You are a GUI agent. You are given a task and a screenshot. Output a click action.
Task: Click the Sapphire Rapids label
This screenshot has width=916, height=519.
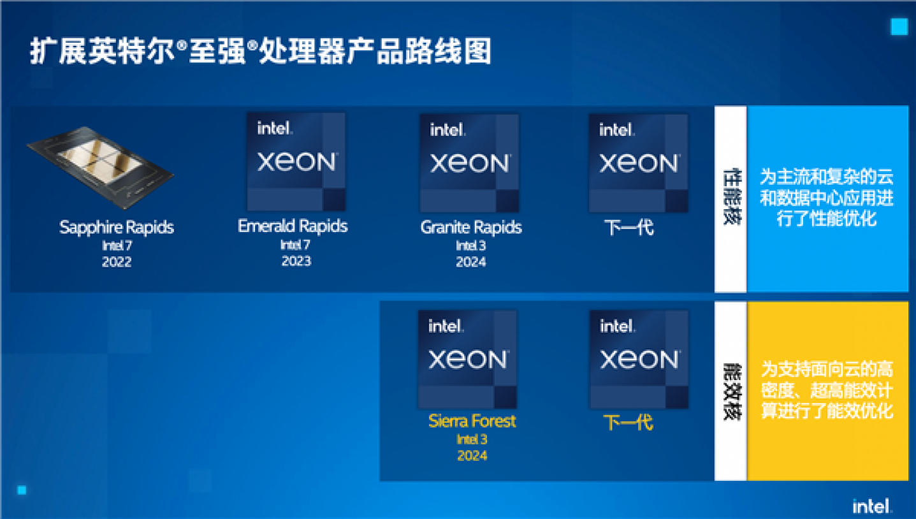[x=117, y=227]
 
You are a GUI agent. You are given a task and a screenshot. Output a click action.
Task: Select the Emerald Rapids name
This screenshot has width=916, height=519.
[x=293, y=226]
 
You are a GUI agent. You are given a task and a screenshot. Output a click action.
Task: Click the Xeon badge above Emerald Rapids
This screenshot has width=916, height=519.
[x=296, y=162]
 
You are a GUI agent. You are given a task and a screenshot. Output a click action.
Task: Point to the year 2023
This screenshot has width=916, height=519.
[x=296, y=261]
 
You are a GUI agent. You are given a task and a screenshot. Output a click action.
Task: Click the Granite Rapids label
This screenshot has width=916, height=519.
[x=471, y=227]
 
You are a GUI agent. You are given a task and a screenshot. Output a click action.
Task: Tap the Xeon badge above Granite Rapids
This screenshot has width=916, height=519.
[x=469, y=163]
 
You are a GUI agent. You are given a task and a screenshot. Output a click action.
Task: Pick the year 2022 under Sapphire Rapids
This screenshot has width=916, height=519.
[x=117, y=261]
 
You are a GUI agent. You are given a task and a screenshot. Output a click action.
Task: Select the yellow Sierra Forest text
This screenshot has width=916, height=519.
[x=472, y=421]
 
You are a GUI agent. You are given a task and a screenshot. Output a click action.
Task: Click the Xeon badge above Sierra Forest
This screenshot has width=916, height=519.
[x=467, y=359]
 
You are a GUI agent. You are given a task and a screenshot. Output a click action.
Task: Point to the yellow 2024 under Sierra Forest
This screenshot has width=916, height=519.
[x=472, y=455]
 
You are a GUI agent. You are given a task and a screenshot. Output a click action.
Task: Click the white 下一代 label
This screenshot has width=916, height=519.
[x=629, y=227]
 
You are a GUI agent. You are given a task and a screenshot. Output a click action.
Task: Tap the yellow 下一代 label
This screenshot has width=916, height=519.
[x=628, y=421]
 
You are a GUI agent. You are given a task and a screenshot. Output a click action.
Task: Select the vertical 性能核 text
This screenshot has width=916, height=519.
[x=731, y=198]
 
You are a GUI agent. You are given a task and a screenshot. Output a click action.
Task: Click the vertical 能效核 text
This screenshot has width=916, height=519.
[x=731, y=391]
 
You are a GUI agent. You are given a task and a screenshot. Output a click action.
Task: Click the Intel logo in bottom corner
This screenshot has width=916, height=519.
[x=873, y=506]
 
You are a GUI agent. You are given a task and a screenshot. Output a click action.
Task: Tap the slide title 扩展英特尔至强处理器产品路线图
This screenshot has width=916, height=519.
[x=261, y=52]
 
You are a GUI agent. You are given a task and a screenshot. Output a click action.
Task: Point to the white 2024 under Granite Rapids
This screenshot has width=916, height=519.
[x=471, y=261]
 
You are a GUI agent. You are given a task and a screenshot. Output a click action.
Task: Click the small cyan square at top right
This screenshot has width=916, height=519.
[x=899, y=27]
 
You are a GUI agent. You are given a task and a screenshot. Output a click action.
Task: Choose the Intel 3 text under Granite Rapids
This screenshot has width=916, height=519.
[x=471, y=245]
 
